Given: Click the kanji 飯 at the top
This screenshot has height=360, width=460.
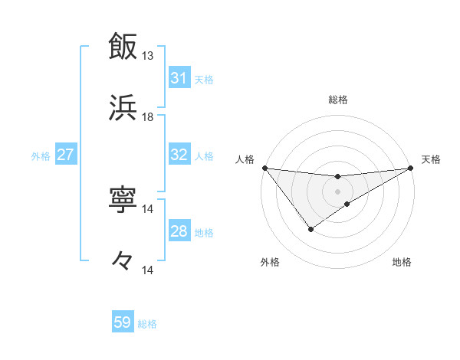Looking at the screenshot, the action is pos(123,46).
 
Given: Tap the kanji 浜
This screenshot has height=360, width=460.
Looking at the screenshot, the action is pos(123,107).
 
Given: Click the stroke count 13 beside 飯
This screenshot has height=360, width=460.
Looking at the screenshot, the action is pos(148,56).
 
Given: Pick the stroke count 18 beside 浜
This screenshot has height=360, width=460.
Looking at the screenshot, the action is pos(148,117).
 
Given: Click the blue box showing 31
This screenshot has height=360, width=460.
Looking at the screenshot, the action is pos(179,78).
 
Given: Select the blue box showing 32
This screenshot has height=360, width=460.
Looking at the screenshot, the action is pos(179,155).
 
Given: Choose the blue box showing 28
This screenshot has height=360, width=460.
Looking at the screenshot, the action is pos(179,231).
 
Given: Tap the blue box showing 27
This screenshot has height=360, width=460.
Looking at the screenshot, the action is pos(65,155).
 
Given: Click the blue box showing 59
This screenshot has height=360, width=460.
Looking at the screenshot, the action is pos(123,322).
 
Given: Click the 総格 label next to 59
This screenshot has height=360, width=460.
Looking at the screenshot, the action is pos(147,324).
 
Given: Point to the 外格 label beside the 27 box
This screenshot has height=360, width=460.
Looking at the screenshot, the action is pos(41,155).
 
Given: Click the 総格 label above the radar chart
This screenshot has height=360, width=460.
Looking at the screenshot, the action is pos(338,100).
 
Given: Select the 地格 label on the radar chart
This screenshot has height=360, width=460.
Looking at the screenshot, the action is pos(402,262).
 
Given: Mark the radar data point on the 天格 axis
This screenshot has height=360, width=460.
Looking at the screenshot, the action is pos(412,168).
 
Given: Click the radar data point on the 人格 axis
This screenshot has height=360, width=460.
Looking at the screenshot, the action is pos(264,168).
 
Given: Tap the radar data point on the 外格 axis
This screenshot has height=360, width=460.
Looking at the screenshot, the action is pos(311,228).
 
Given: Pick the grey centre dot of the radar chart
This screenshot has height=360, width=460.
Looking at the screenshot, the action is pos(338,191).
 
